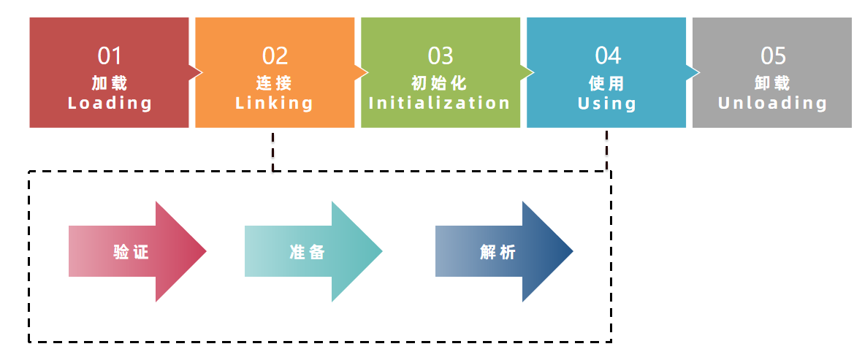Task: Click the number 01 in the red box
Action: (x=110, y=55)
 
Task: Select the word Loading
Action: (x=110, y=103)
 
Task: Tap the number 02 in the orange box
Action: (x=275, y=55)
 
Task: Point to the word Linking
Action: (x=275, y=103)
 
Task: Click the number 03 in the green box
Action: (x=441, y=55)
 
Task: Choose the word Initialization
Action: (x=440, y=103)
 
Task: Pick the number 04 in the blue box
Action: (x=607, y=55)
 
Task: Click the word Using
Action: (x=607, y=103)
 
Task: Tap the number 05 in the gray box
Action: (x=773, y=55)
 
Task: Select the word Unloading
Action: (x=773, y=103)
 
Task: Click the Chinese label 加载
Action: (x=110, y=82)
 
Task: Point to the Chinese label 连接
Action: (x=275, y=82)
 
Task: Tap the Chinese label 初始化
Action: (x=440, y=82)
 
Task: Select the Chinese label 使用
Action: (x=607, y=82)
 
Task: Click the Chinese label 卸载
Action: (x=773, y=82)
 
